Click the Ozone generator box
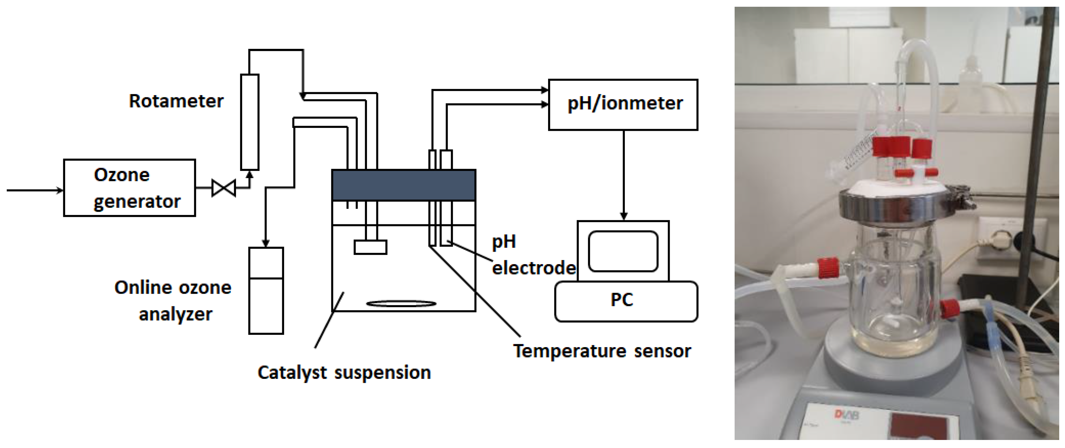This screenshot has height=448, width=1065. coord(129,188)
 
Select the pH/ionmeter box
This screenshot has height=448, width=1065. coord(623,105)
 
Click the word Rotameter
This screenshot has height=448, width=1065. coord(176,101)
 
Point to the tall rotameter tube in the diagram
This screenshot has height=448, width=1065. coord(250,122)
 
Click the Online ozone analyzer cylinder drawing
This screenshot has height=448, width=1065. coord(266,291)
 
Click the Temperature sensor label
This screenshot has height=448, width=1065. coord(602,351)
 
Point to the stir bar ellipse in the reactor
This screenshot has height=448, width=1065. coord(401,304)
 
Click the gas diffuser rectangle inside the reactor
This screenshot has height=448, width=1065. coord(371,247)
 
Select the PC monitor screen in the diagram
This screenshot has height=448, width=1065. coord(623,251)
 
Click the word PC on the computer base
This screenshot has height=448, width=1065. coord(621,300)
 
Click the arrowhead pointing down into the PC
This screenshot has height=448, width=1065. coord(624,216)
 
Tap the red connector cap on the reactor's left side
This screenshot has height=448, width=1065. coord(828,268)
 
